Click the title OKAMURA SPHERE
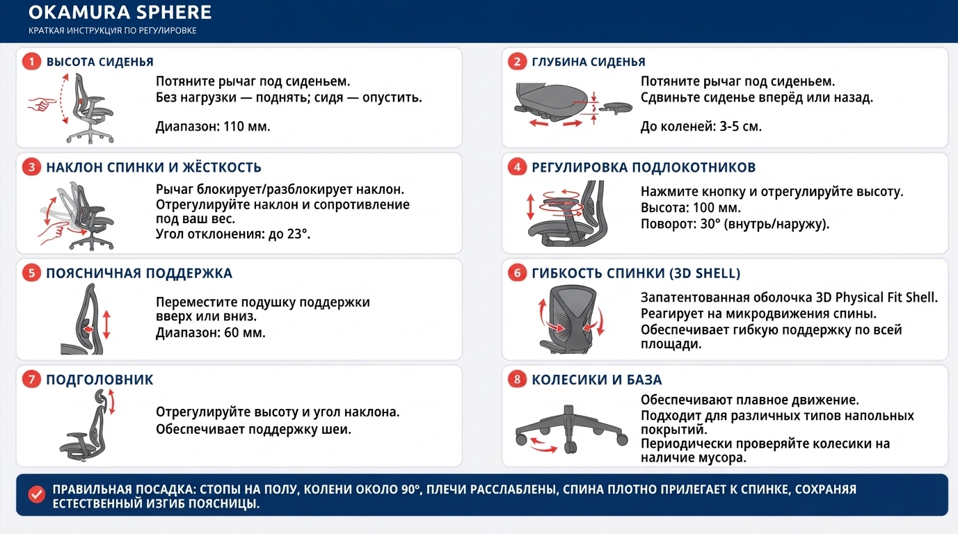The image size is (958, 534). [x=120, y=13]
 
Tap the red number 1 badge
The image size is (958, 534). [x=31, y=62]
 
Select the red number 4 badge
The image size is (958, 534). [x=517, y=167]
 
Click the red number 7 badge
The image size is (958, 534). [x=31, y=379]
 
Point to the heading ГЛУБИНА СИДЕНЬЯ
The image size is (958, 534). [x=589, y=62]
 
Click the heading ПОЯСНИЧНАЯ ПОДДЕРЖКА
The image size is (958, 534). [x=139, y=273]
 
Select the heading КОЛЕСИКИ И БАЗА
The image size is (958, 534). [x=597, y=380]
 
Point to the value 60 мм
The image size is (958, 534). [x=245, y=332]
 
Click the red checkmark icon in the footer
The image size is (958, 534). [x=36, y=494]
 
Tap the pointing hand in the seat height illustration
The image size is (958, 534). [x=42, y=104]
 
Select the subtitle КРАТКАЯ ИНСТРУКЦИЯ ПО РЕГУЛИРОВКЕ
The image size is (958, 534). [x=113, y=31]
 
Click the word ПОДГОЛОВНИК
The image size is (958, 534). [x=99, y=380]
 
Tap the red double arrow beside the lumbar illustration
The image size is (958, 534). [x=106, y=325]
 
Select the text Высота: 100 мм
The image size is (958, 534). [x=691, y=208]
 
